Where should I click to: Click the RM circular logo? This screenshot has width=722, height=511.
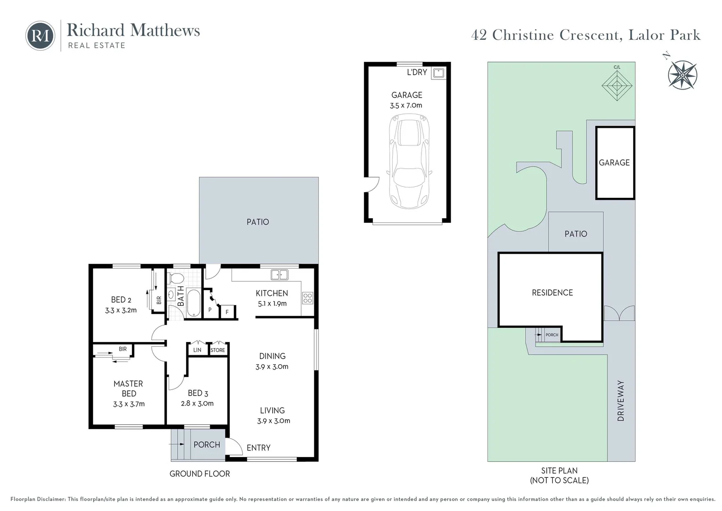point(40,35)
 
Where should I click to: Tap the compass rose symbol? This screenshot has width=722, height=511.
point(682,75)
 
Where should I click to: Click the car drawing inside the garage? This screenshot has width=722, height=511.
point(409,161)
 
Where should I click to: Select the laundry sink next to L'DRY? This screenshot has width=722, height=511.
point(438,73)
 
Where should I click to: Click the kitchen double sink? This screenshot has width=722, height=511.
point(279,275)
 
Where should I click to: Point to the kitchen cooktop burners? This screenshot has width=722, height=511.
point(308,298)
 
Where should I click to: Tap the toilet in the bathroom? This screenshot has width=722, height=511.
point(176,278)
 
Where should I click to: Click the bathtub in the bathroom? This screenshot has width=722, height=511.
point(193,302)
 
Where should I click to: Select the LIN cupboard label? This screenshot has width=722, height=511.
point(197,350)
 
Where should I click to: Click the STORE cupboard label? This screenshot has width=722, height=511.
point(217,350)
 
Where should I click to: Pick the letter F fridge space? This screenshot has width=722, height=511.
point(227,312)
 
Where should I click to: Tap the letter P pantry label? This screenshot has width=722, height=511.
point(210,310)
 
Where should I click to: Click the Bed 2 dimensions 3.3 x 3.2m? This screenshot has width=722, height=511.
point(121,310)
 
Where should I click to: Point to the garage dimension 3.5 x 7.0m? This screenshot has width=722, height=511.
point(406,106)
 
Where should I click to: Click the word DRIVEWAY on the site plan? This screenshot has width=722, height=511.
point(621,401)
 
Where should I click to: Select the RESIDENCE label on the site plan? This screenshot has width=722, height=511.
point(552,293)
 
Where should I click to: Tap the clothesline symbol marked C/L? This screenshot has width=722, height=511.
point(617,86)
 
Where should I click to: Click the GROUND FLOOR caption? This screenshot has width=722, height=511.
point(199,474)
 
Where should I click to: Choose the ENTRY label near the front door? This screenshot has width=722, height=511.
point(258,448)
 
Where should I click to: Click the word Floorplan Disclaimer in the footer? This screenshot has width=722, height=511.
point(38,499)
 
